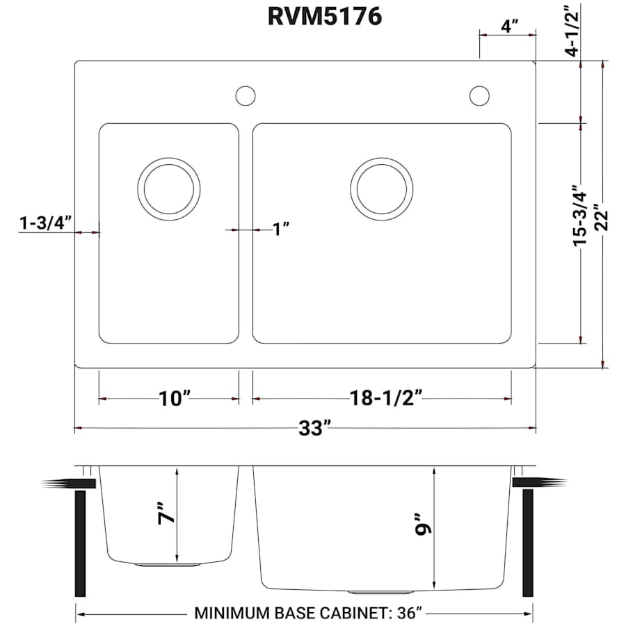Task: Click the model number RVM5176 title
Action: click(x=325, y=16)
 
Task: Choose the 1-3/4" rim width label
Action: click(x=46, y=223)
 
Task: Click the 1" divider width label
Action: click(x=280, y=229)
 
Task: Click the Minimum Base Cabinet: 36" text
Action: click(x=309, y=614)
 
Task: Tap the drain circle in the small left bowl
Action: click(x=169, y=189)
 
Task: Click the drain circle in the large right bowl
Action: click(x=381, y=189)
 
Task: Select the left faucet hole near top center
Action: click(x=246, y=95)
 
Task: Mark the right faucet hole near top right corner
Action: click(x=479, y=95)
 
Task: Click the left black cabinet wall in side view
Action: click(x=80, y=543)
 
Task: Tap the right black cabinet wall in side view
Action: click(x=528, y=543)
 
